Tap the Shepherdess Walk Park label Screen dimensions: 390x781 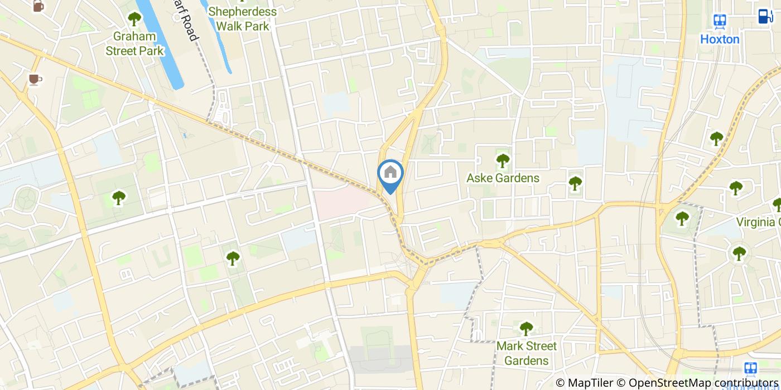click(242, 19)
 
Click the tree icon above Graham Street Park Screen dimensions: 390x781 click(134, 18)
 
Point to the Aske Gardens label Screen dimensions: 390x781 click(503, 178)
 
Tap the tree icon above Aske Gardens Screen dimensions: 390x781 click(503, 161)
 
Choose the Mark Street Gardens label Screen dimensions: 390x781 click(526, 353)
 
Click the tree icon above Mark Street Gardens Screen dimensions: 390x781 click(526, 328)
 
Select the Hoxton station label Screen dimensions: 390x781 click(720, 40)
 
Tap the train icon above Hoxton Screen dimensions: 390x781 click(720, 21)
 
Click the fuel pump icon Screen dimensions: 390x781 click(765, 16)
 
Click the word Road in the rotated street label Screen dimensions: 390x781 click(190, 28)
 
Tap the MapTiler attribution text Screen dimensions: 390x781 click(584, 383)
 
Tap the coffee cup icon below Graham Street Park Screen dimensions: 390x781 click(35, 80)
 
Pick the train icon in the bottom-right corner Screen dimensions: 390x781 click(751, 368)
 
